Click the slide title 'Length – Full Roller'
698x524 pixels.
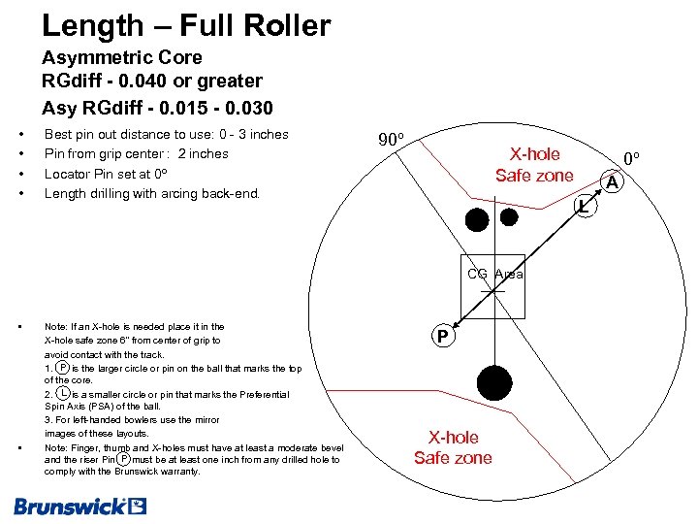pyautogui.click(x=186, y=25)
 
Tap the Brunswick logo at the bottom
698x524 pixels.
pyautogui.click(x=79, y=506)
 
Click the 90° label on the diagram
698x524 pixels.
pyautogui.click(x=391, y=140)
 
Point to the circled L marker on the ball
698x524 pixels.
pyautogui.click(x=582, y=205)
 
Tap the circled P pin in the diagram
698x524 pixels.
pyautogui.click(x=442, y=337)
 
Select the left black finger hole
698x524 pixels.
pyautogui.click(x=477, y=219)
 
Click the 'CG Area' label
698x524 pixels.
pyautogui.click(x=494, y=274)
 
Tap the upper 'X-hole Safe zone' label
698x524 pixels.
pyautogui.click(x=534, y=165)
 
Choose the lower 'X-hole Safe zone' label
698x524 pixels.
pyautogui.click(x=453, y=447)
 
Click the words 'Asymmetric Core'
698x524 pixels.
pyautogui.click(x=122, y=57)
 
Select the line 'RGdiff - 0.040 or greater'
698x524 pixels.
pyautogui.click(x=152, y=81)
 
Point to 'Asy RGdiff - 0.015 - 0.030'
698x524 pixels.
pyautogui.click(x=157, y=107)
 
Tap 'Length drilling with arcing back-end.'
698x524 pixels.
pyautogui.click(x=152, y=193)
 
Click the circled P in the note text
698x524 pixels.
pyautogui.click(x=63, y=368)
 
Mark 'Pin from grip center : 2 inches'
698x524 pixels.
pyautogui.click(x=137, y=153)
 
